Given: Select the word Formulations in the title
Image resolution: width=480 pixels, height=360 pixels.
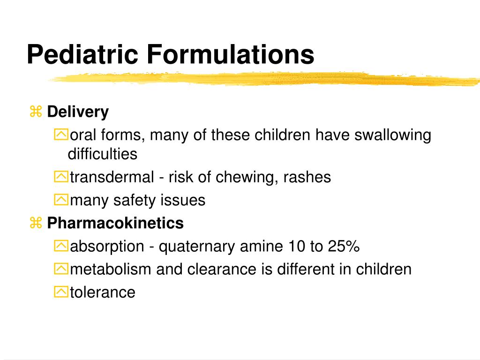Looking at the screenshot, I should [230, 54].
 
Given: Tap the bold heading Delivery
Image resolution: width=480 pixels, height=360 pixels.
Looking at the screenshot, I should [78, 112].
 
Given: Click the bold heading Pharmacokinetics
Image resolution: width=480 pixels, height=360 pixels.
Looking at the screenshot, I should [115, 223].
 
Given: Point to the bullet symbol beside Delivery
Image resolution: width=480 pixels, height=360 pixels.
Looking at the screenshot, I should [36, 112].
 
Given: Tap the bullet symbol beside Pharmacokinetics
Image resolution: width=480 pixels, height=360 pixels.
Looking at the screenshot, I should [36, 223].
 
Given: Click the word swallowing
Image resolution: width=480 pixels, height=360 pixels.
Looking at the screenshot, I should [392, 135].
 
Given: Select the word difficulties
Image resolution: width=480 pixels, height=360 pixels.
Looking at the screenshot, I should [103, 154].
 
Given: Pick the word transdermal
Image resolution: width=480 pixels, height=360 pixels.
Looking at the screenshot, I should [112, 177].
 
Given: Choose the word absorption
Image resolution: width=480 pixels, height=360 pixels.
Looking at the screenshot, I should [107, 246].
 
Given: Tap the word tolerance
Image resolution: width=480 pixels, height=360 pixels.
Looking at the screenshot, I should [103, 292].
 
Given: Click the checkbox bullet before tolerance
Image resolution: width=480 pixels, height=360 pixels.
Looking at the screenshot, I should [61, 292].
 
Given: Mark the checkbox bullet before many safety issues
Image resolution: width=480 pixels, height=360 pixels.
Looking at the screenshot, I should [61, 201].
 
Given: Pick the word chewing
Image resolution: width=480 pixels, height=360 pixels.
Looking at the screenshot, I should [247, 177].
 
